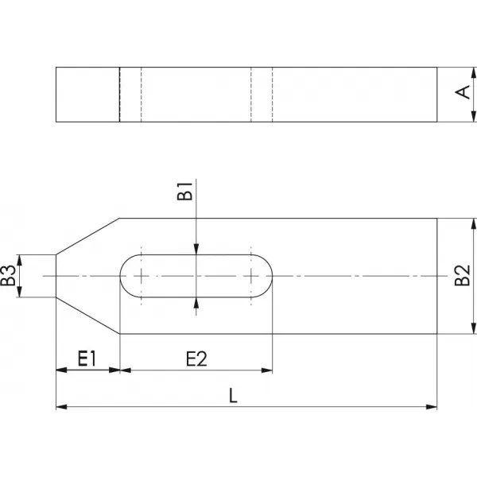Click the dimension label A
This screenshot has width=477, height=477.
coord(463,92)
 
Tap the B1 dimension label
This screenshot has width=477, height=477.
coord(185,192)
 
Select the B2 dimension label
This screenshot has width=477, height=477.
coord(463,276)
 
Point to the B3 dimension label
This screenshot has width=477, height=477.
coord(8,276)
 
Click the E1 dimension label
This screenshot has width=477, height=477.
coord(87,359)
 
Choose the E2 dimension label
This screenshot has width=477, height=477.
coord(196,359)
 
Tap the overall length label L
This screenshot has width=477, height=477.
coord(233,396)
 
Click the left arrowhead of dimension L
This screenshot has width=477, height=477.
coord(61,407)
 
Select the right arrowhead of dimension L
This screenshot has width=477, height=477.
coord(432,407)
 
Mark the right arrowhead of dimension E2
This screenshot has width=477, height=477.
coord(267,370)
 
